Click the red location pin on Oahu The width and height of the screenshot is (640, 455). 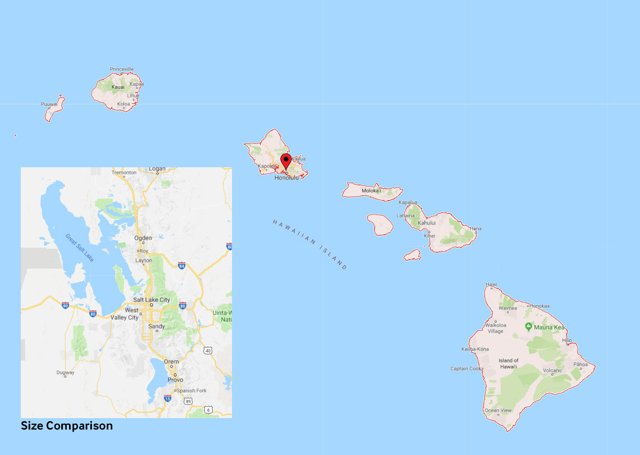(285, 160)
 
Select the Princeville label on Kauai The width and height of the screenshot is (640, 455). (122, 69)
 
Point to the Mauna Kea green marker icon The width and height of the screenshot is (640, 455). (528, 327)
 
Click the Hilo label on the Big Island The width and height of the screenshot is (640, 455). (567, 341)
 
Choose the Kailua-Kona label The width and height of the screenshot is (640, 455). (475, 349)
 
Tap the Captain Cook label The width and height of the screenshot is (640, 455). (466, 369)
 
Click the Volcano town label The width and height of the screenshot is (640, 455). (552, 370)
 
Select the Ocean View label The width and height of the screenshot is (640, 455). (498, 410)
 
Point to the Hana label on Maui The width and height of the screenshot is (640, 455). (475, 229)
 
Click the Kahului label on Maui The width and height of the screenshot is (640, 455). (427, 223)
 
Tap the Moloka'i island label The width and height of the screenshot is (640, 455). (371, 191)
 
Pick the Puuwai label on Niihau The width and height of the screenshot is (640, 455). (49, 104)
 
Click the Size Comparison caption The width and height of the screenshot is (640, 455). (66, 426)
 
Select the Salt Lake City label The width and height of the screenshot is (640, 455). (152, 300)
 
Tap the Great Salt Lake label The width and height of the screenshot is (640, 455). (79, 247)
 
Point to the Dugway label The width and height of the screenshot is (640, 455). (65, 372)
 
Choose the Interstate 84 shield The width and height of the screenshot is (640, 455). (182, 266)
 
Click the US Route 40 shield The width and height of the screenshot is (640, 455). (208, 351)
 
